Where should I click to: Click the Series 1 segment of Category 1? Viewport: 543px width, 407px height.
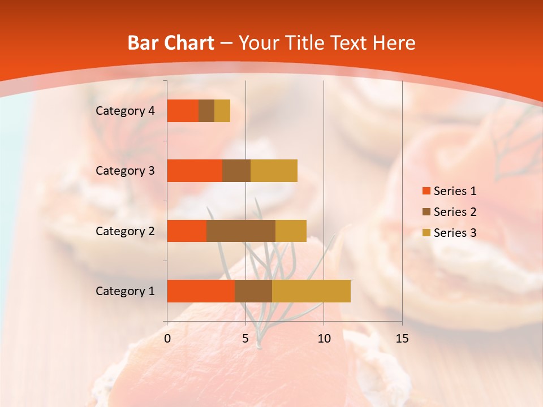click(201, 291)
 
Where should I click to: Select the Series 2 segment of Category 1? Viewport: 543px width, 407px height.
click(253, 291)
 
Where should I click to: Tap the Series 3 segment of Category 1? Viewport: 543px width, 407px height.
click(311, 291)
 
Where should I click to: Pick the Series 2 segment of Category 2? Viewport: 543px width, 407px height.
click(241, 231)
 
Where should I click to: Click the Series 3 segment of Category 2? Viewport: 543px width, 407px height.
click(291, 231)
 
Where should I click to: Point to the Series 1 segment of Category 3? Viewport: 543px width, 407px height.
click(195, 171)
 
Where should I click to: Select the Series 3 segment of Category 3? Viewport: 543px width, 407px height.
click(274, 171)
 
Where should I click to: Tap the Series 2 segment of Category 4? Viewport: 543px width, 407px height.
click(206, 111)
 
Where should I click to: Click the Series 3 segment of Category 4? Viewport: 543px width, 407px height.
click(222, 111)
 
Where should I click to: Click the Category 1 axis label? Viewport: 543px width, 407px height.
click(124, 291)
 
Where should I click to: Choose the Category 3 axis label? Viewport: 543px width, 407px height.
click(124, 171)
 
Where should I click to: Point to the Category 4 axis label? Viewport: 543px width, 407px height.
click(124, 111)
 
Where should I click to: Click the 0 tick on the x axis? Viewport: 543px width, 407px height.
click(167, 339)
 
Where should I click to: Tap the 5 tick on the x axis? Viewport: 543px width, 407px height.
click(245, 339)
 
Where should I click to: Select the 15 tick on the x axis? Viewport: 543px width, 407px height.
click(402, 339)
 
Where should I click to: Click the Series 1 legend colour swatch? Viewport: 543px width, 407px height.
click(426, 191)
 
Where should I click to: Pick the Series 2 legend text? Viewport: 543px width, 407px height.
click(455, 212)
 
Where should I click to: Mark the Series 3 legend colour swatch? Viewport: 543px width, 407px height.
click(426, 233)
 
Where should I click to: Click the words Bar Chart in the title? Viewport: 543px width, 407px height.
click(171, 43)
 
